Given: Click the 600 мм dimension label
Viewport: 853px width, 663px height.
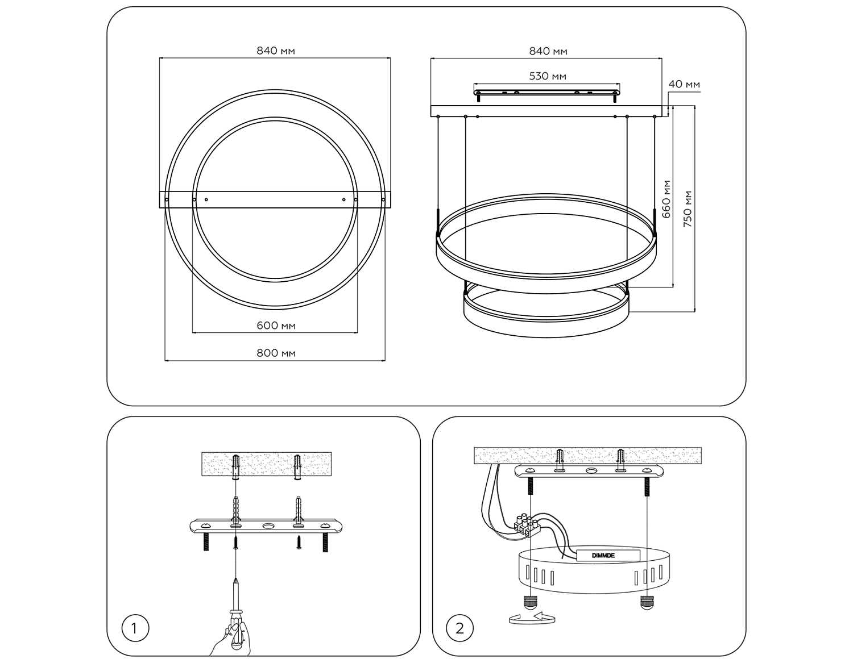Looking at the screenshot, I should pyautogui.click(x=276, y=326).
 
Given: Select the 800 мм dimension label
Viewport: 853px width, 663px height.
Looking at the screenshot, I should pyautogui.click(x=276, y=353).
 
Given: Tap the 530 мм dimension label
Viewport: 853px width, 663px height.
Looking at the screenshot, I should pyautogui.click(x=548, y=76).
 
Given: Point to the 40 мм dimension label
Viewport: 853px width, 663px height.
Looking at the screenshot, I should pyautogui.click(x=684, y=85).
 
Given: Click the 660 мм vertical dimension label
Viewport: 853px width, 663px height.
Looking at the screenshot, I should pyautogui.click(x=666, y=199).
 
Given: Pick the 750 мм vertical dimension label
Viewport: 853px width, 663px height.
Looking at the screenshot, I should pyautogui.click(x=688, y=209).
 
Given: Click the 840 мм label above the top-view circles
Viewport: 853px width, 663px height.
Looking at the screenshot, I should pyautogui.click(x=276, y=51).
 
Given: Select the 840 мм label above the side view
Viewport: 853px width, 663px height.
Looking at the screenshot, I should pyautogui.click(x=548, y=51).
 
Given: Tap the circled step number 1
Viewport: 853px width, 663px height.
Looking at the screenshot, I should pyautogui.click(x=135, y=628).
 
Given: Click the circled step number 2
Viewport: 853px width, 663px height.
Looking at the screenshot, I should pyautogui.click(x=460, y=628).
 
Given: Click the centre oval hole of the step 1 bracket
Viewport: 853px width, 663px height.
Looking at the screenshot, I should pyautogui.click(x=268, y=526).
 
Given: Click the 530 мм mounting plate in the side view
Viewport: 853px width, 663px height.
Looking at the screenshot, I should pyautogui.click(x=547, y=90).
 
